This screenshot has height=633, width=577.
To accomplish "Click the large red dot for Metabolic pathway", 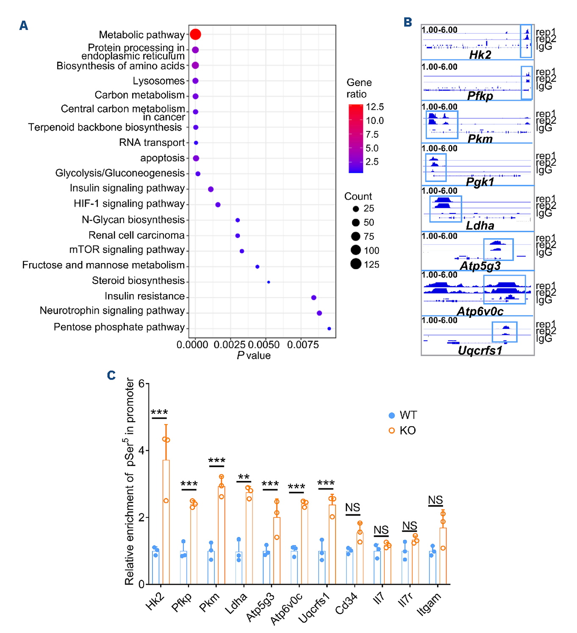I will (x=195, y=34).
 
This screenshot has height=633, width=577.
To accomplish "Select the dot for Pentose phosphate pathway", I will (x=329, y=328).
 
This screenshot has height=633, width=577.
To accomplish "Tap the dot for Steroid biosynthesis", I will (x=269, y=282).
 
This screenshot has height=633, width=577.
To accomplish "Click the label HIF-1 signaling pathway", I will (x=129, y=204).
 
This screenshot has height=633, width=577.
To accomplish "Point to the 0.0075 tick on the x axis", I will (x=303, y=345).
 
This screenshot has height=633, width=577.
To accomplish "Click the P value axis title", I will (x=253, y=355).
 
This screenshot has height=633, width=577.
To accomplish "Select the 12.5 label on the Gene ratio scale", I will (x=375, y=107).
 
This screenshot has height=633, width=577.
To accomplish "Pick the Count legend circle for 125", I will (x=356, y=264).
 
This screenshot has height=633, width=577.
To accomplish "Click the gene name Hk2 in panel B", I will (x=480, y=55).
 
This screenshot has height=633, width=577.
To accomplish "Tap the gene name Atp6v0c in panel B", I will (x=480, y=312).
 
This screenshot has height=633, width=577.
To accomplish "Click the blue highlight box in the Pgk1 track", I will (x=436, y=167).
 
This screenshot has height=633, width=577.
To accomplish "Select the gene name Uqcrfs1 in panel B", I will (x=480, y=351).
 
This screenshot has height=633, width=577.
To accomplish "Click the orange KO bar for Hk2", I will (x=166, y=522).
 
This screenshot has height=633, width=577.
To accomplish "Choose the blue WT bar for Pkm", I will (x=211, y=567).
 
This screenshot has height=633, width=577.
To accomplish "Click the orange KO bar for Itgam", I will (x=443, y=556).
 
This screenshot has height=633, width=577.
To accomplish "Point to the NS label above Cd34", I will (x=352, y=508).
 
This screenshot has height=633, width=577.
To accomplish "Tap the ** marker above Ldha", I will (x=244, y=478).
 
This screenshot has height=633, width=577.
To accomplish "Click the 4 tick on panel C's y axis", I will (x=141, y=450).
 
